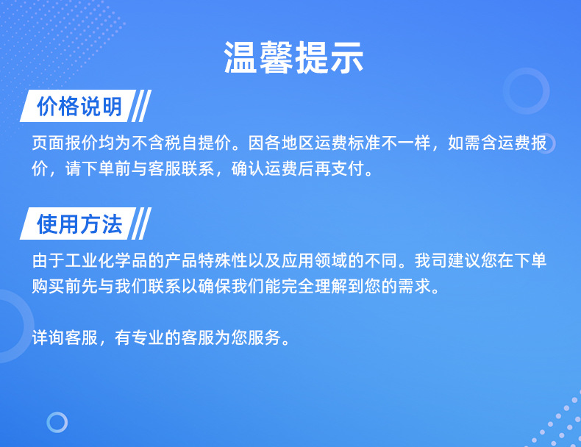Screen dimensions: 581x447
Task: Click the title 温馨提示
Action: click(x=293, y=57)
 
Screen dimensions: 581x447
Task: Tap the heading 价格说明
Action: click(x=79, y=107)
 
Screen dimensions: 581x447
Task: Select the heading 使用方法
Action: click(x=79, y=224)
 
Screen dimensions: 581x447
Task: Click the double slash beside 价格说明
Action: click(x=141, y=106)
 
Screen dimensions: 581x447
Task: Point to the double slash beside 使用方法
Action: click(x=141, y=223)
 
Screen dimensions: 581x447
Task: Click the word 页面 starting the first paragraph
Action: click(x=48, y=143)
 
